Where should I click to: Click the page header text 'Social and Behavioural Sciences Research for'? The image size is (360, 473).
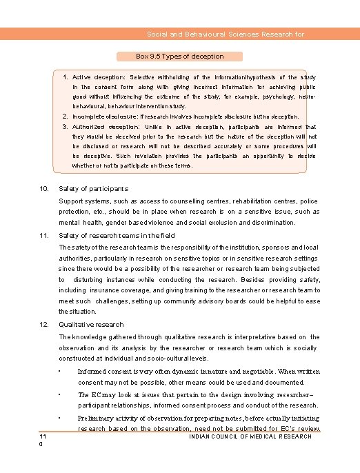pos(226,34)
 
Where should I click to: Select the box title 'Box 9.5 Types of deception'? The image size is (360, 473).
pos(180,56)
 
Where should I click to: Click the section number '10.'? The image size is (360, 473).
pos(43,188)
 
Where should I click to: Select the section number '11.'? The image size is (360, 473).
pos(43,236)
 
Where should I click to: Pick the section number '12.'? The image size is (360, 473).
pos(43,324)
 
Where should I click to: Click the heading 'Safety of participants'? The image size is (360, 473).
pos(93,188)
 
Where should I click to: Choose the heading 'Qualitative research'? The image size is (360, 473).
pos(91,324)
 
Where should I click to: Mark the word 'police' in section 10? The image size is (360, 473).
pos(310,201)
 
